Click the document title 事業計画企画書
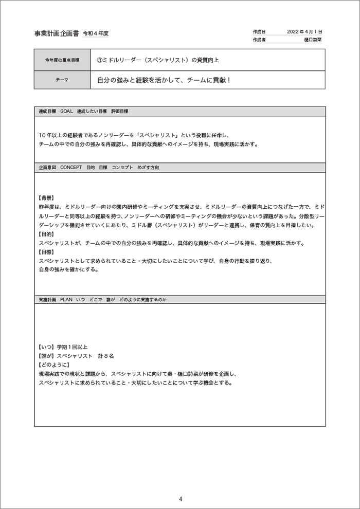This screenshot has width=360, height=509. pyautogui.click(x=57, y=34)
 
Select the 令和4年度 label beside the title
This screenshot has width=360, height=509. pyautogui.click(x=96, y=34)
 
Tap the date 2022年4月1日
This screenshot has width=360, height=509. pyautogui.click(x=304, y=31)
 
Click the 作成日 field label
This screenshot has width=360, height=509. pyautogui.click(x=259, y=31)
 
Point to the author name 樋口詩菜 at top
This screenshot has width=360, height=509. pyautogui.click(x=313, y=40)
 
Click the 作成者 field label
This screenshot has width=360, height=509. pyautogui.click(x=259, y=40)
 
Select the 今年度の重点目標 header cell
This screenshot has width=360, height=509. pyautogui.click(x=62, y=60)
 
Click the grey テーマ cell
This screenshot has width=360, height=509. pyautogui.click(x=62, y=80)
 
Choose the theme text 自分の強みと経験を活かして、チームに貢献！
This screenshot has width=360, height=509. pyautogui.click(x=163, y=80)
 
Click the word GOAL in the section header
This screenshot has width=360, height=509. pyautogui.click(x=66, y=111)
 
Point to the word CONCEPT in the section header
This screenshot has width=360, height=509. pyautogui.click(x=71, y=168)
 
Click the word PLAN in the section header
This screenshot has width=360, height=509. pyautogui.click(x=66, y=299)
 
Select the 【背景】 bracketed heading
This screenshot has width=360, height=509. pyautogui.click(x=46, y=197)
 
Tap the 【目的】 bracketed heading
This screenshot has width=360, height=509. pyautogui.click(x=46, y=234)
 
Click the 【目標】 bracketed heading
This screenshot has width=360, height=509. pyautogui.click(x=46, y=252)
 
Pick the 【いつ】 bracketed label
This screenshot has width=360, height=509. pyautogui.click(x=46, y=347)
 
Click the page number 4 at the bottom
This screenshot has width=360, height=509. pyautogui.click(x=181, y=499)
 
